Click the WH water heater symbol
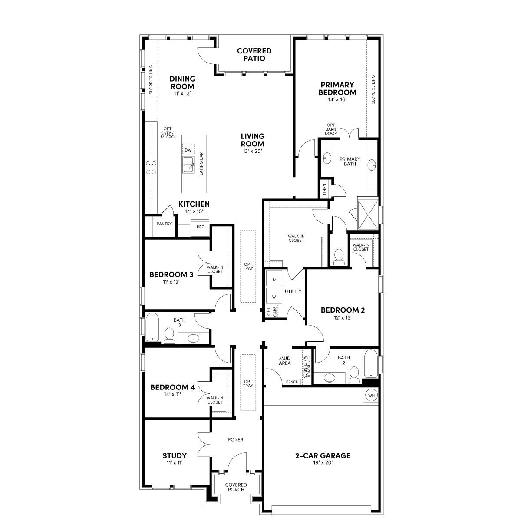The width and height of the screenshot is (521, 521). pos(371,396)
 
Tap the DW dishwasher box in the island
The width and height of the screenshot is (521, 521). pos(188,150)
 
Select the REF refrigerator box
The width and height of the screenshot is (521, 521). pos(200,227)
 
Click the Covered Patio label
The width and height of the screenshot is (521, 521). pos(254,55)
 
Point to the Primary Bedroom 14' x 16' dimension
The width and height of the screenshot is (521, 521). pos(337,99)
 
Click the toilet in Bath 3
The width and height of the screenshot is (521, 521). pos(169,336)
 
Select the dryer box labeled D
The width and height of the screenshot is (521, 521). pos(274,280)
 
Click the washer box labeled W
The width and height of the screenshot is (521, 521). pos(274,297)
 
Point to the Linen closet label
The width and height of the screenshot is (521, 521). pos(324,189)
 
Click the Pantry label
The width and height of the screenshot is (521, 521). pos(165,224)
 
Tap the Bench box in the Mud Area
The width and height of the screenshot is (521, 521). pos(292,382)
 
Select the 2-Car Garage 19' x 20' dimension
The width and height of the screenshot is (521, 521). pos(323,463)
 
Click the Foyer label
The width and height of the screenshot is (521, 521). pos(236,439)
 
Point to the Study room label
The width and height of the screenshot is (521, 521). pos(175,455)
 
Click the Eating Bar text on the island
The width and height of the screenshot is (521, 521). pos(201,164)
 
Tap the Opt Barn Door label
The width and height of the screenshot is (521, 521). pos(331,129)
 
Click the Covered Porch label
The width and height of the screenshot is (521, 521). pos(236,487)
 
